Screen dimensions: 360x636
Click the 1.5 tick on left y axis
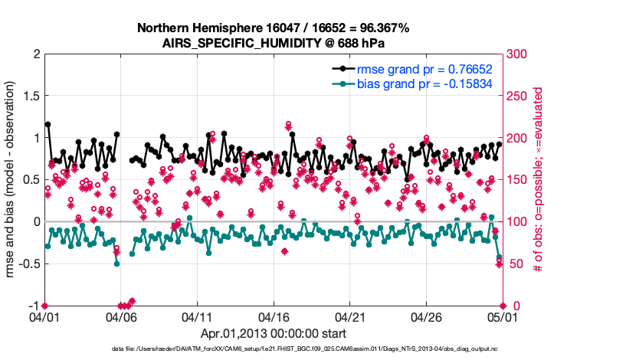[x=31, y=96]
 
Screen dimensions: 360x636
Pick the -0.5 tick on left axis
[x=28, y=263]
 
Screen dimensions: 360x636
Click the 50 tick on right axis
[x=513, y=263]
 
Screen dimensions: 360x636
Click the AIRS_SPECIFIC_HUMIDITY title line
[x=273, y=43]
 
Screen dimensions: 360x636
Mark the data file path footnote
[x=317, y=349]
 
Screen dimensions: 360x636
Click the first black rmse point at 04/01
[x=48, y=124]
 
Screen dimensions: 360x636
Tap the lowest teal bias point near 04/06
[x=116, y=263]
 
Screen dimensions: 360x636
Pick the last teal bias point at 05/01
[x=499, y=257]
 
